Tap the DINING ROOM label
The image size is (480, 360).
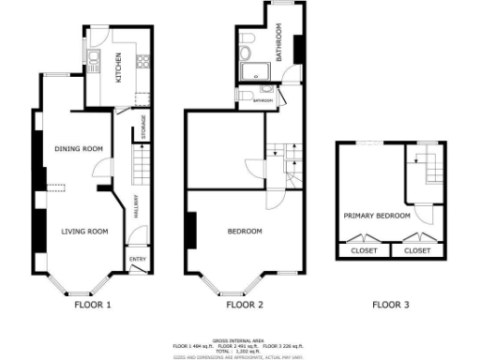click(78, 149)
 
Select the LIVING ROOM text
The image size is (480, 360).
click(85, 231)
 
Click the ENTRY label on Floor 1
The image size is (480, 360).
click(137, 259)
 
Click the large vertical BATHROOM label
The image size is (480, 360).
click(278, 43)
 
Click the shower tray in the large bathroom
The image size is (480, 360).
click(250, 75)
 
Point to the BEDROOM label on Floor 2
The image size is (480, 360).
click(246, 231)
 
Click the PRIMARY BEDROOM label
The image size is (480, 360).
click(377, 216)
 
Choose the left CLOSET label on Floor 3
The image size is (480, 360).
click(364, 251)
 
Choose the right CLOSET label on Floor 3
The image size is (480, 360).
click(417, 251)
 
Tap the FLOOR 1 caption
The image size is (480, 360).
click(93, 305)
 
